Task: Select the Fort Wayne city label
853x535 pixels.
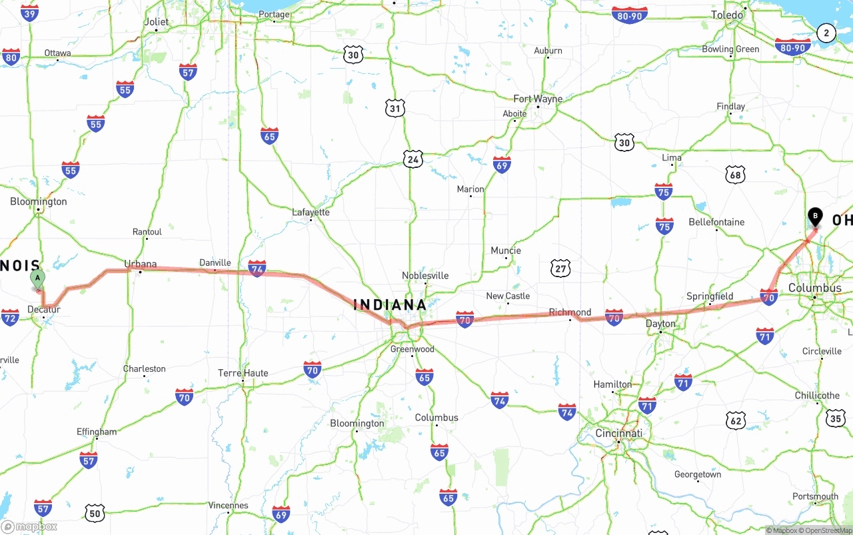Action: point(538,99)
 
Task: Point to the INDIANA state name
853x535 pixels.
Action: point(390,304)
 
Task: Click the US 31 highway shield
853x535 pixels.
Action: point(395,108)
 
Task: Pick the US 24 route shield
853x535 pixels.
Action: point(413,159)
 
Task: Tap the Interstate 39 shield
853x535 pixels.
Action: point(29,13)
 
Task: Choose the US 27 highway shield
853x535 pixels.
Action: point(561,268)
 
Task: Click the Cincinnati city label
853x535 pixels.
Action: point(619,433)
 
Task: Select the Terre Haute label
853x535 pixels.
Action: point(243,373)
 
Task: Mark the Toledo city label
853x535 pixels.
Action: point(727,15)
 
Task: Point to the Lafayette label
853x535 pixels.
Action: point(311,213)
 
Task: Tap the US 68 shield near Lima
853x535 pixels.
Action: point(735,175)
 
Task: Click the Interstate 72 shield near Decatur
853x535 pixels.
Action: point(10,318)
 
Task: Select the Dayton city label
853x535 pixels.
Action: point(660,324)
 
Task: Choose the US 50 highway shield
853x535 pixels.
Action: point(95,513)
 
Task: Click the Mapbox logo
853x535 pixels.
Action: point(30,526)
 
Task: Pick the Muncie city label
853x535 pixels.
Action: point(506,251)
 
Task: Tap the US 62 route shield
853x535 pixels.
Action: point(736,420)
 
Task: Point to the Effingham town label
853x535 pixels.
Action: point(97,432)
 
